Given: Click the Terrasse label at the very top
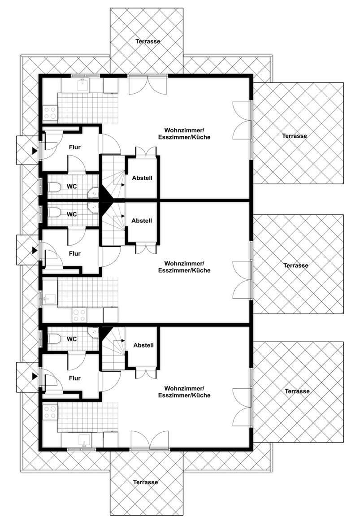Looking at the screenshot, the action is (x=148, y=41).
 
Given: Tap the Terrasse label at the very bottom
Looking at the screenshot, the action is (x=145, y=482).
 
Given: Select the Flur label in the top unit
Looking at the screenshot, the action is (x=75, y=147).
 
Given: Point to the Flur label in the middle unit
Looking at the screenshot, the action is (x=75, y=253).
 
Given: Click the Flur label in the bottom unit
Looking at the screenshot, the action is (x=75, y=378).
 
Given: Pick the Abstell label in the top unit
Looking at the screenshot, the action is (x=142, y=178).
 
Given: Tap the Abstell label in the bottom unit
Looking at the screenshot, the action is (x=143, y=345).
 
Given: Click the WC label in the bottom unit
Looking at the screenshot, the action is (x=72, y=339).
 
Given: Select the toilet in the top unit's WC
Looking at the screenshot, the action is (x=54, y=187).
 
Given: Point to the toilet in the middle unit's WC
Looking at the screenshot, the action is (x=54, y=212).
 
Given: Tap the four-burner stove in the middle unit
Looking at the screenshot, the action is (x=79, y=315).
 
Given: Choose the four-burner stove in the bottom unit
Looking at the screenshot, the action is (x=50, y=412).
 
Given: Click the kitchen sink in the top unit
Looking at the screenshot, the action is (x=82, y=86).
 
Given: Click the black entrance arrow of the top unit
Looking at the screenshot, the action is (x=34, y=151).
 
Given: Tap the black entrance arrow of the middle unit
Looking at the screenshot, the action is (x=34, y=250).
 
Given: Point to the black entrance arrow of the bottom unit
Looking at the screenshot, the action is (x=34, y=377).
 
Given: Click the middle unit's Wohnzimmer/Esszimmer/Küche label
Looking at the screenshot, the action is (x=184, y=267).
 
